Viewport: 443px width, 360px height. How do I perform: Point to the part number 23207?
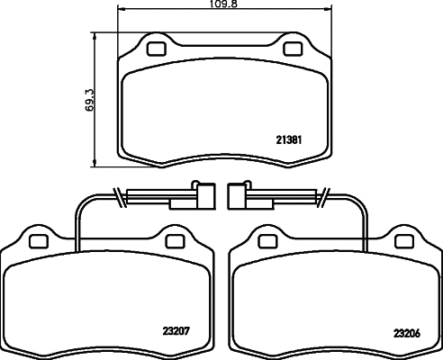coord(176,330)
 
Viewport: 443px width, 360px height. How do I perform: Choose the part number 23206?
coord(406,331)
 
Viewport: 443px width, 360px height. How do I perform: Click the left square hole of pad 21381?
coord(157,48)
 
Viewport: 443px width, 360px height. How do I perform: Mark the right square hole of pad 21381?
coord(294,48)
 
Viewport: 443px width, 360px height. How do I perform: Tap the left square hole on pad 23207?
coord(38,240)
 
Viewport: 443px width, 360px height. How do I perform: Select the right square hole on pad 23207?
coord(175,240)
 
